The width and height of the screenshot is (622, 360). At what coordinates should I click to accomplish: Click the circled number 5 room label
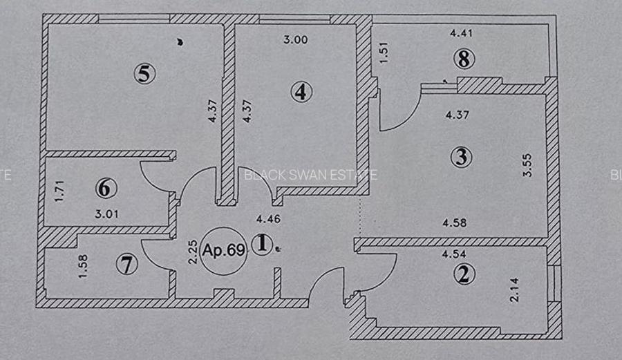tap(143, 73)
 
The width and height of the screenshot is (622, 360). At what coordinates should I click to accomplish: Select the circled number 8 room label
tap(464, 59)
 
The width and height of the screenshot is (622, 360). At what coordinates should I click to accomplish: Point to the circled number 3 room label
tap(461, 157)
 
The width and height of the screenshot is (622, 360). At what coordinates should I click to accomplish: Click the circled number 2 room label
tap(464, 274)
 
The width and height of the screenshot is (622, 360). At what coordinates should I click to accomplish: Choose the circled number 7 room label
tap(126, 263)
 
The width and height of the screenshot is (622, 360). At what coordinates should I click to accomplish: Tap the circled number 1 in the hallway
tap(262, 245)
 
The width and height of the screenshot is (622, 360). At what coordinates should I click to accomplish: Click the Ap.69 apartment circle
tap(224, 251)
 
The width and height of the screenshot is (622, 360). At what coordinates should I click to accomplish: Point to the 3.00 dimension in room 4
tap(295, 39)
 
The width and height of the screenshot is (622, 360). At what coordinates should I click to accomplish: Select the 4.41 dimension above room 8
tap(462, 32)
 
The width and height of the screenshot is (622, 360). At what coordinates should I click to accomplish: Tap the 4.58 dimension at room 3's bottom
tap(455, 222)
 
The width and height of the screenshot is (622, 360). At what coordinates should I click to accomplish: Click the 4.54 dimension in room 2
tap(454, 254)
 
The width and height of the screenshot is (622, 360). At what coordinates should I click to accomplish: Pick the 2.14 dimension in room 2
tap(513, 290)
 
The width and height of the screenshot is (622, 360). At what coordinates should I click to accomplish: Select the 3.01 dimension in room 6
tap(107, 214)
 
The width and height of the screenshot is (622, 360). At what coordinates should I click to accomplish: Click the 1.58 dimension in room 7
tap(83, 267)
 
